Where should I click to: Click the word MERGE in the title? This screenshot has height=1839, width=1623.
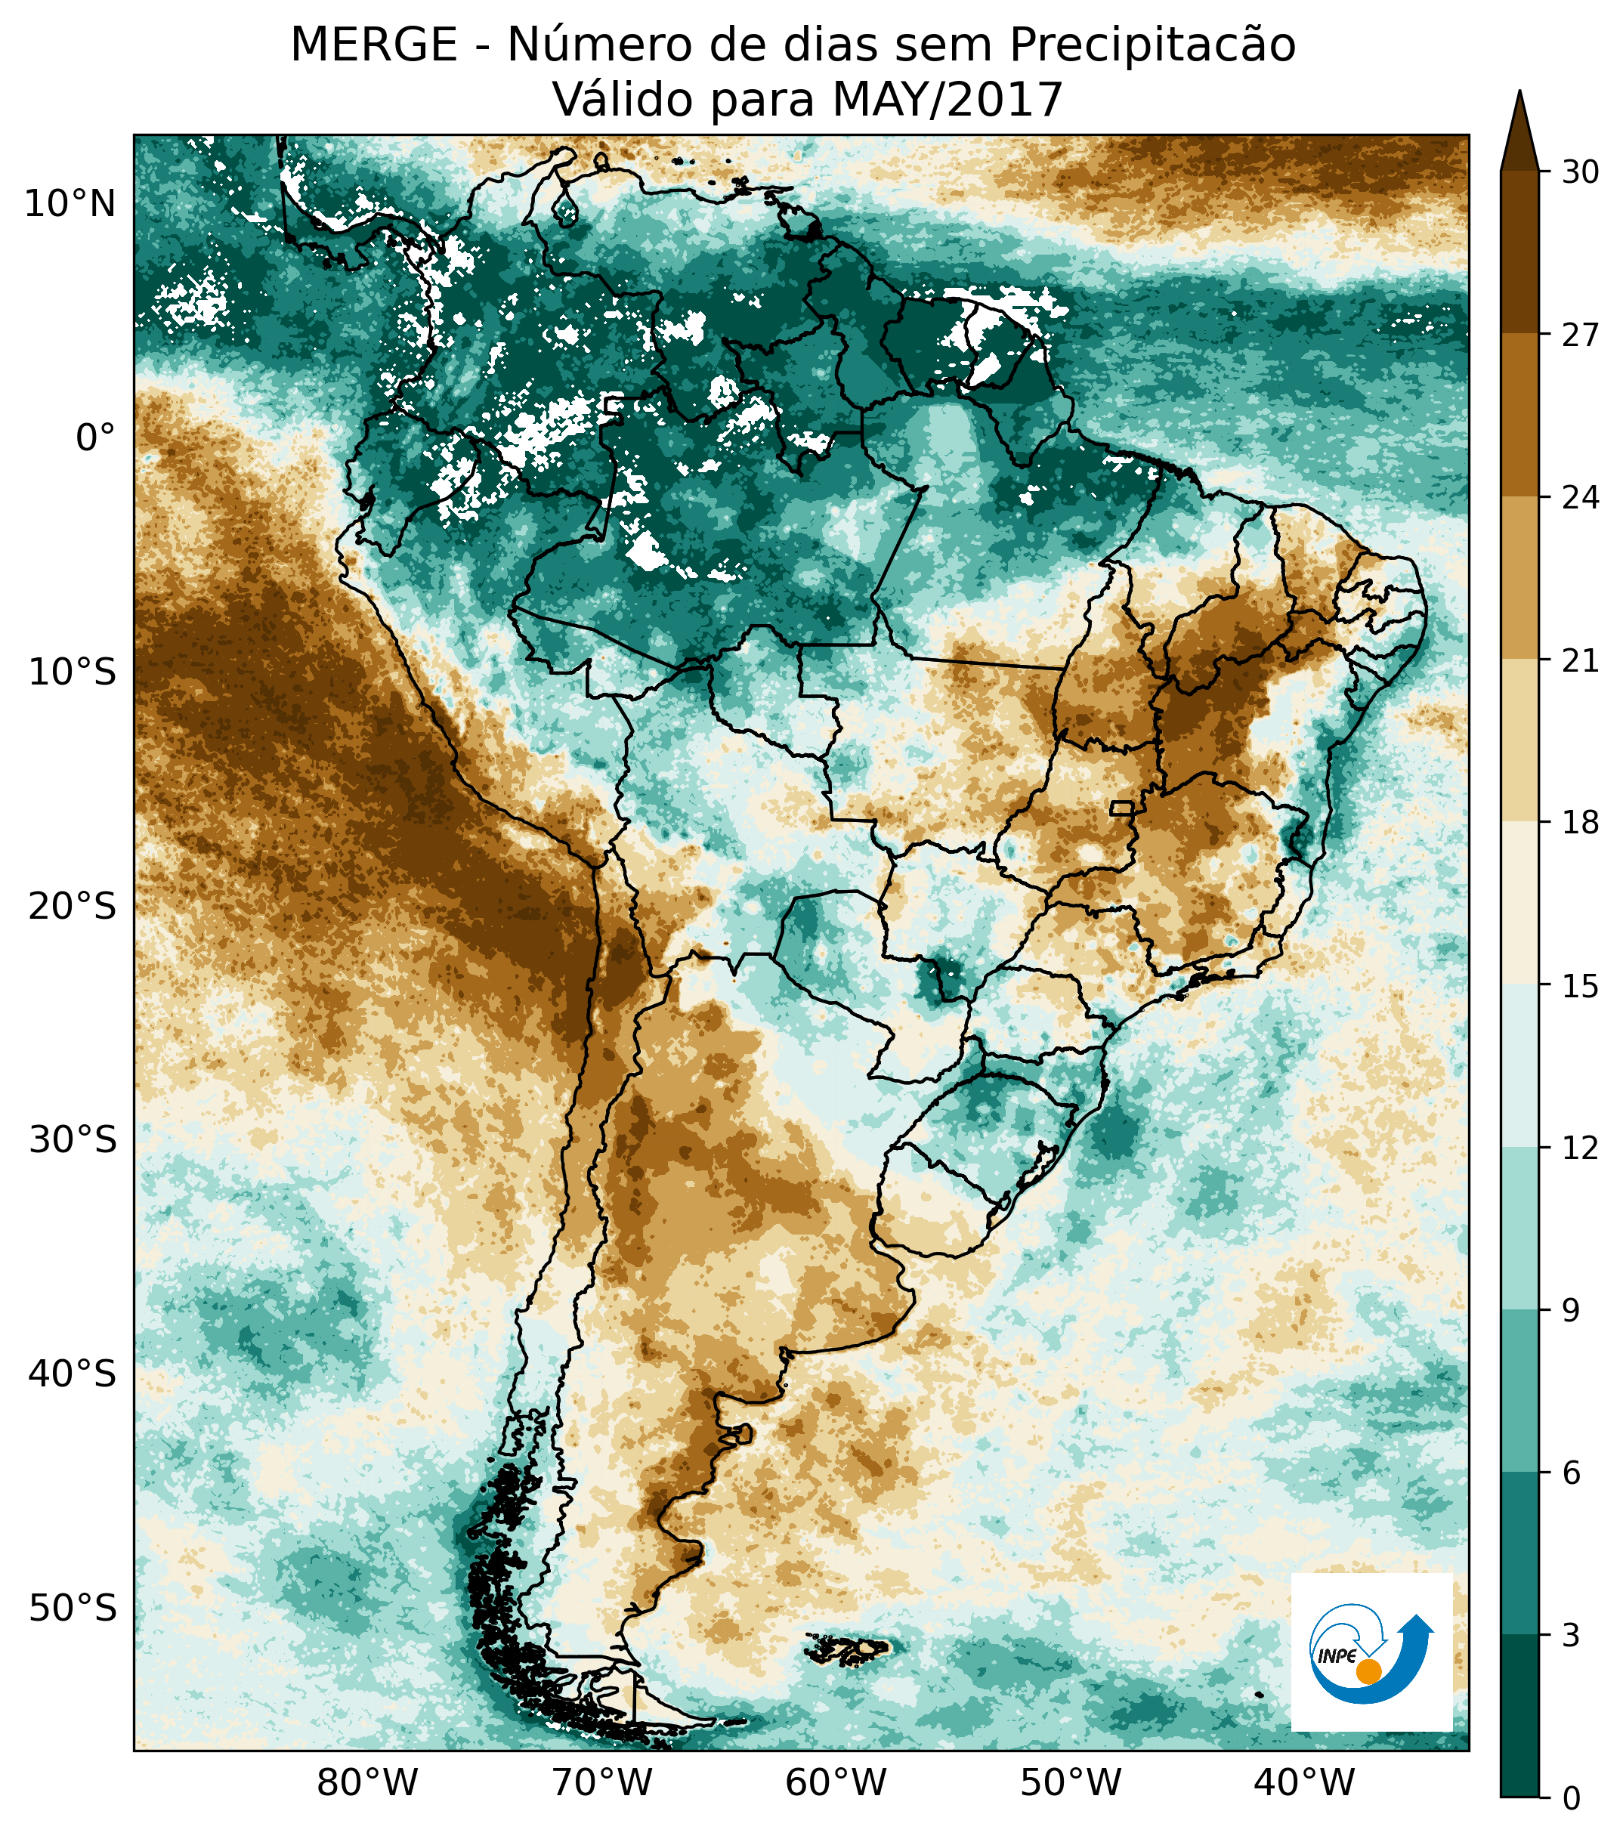(x=373, y=45)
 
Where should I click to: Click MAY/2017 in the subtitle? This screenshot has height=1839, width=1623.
(x=948, y=100)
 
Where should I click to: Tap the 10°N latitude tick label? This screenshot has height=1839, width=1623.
(x=70, y=206)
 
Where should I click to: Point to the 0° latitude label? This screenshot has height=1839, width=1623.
(x=95, y=438)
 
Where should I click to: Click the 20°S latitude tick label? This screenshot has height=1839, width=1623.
(x=72, y=906)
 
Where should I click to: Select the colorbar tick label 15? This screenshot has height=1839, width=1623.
(x=1580, y=986)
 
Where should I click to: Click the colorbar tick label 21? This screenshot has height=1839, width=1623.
(x=1580, y=660)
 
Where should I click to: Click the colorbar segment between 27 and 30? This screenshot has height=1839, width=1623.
(x=1519, y=252)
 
